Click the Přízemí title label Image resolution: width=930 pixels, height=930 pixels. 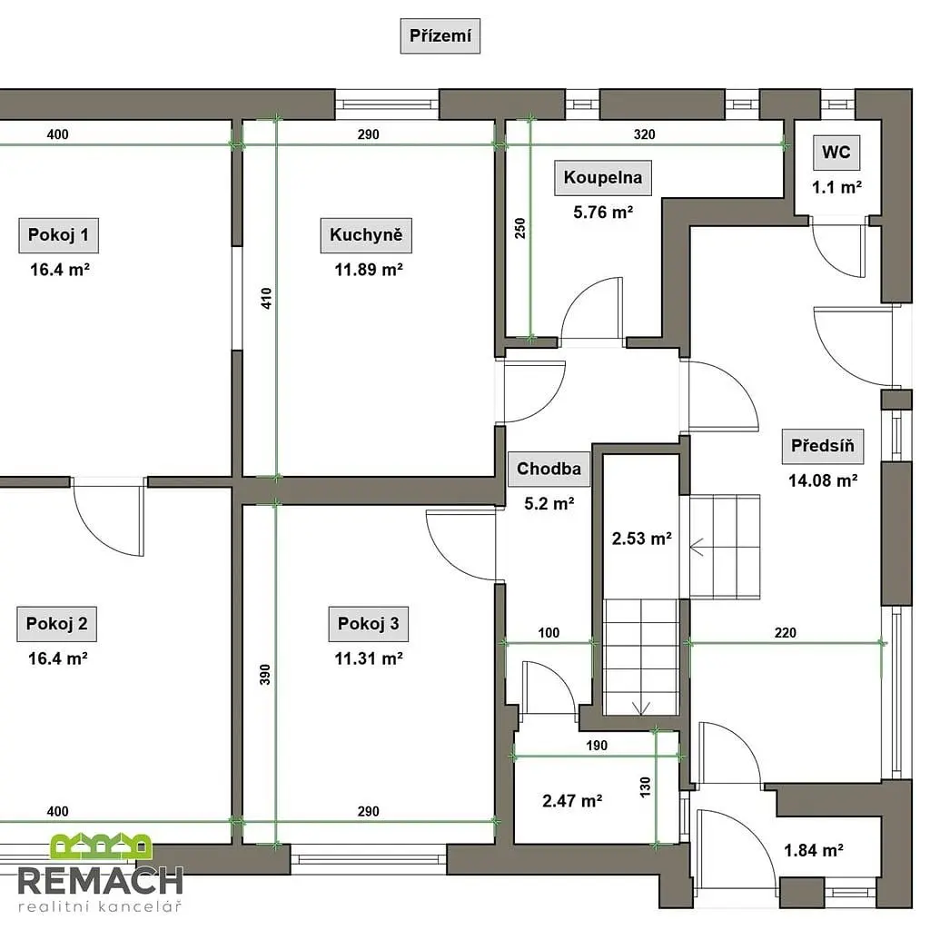point(440,36)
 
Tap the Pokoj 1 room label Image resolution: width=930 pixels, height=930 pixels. point(59,235)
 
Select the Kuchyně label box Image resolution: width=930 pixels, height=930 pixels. point(366,235)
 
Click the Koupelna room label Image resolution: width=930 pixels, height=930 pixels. point(603,177)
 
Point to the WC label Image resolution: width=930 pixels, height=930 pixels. point(836,153)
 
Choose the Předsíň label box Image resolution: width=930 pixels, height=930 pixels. point(823,445)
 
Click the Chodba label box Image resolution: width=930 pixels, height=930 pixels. point(549,470)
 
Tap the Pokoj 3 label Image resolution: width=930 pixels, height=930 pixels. point(369,624)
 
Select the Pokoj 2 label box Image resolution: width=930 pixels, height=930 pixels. point(57,624)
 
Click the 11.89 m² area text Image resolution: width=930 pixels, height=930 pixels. point(369,270)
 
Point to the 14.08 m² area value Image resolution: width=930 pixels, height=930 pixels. point(823,480)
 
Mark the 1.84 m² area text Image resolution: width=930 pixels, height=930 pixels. point(814,850)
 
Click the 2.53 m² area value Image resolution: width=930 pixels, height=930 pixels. point(642,539)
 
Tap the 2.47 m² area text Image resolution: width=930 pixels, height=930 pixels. point(572,801)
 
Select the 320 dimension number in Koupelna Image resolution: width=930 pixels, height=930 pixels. point(644,134)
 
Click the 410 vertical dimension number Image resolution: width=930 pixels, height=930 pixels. point(266,298)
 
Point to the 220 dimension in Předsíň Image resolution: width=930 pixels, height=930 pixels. point(786,633)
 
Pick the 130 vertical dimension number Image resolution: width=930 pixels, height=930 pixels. point(646,787)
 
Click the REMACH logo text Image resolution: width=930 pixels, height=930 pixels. point(100,881)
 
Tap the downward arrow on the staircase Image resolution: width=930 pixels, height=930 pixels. point(641,708)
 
